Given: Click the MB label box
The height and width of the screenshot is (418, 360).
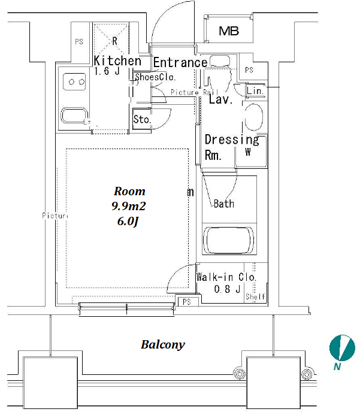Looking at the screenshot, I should [x=228, y=31].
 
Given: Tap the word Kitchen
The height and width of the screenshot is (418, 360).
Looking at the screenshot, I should [x=117, y=60].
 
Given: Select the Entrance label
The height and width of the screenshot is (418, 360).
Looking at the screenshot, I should [x=180, y=62].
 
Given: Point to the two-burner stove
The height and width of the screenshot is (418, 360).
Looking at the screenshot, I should [x=75, y=81].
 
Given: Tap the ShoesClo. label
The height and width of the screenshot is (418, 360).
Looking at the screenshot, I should [x=155, y=77].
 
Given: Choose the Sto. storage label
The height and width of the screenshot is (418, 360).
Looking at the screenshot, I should [x=142, y=119].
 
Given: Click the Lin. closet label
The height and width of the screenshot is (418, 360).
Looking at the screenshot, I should [x=255, y=91].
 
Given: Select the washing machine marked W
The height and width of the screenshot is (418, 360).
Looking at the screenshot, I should [x=248, y=152].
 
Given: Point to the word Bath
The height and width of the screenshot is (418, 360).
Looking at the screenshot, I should [x=224, y=204].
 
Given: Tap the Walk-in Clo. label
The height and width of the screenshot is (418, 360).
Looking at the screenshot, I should [x=226, y=277].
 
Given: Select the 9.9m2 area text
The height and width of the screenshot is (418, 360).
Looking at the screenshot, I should [x=129, y=206].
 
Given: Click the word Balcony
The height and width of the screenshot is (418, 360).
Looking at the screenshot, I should [x=162, y=344].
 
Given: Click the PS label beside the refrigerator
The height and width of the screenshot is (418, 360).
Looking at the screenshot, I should [x=78, y=42].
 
